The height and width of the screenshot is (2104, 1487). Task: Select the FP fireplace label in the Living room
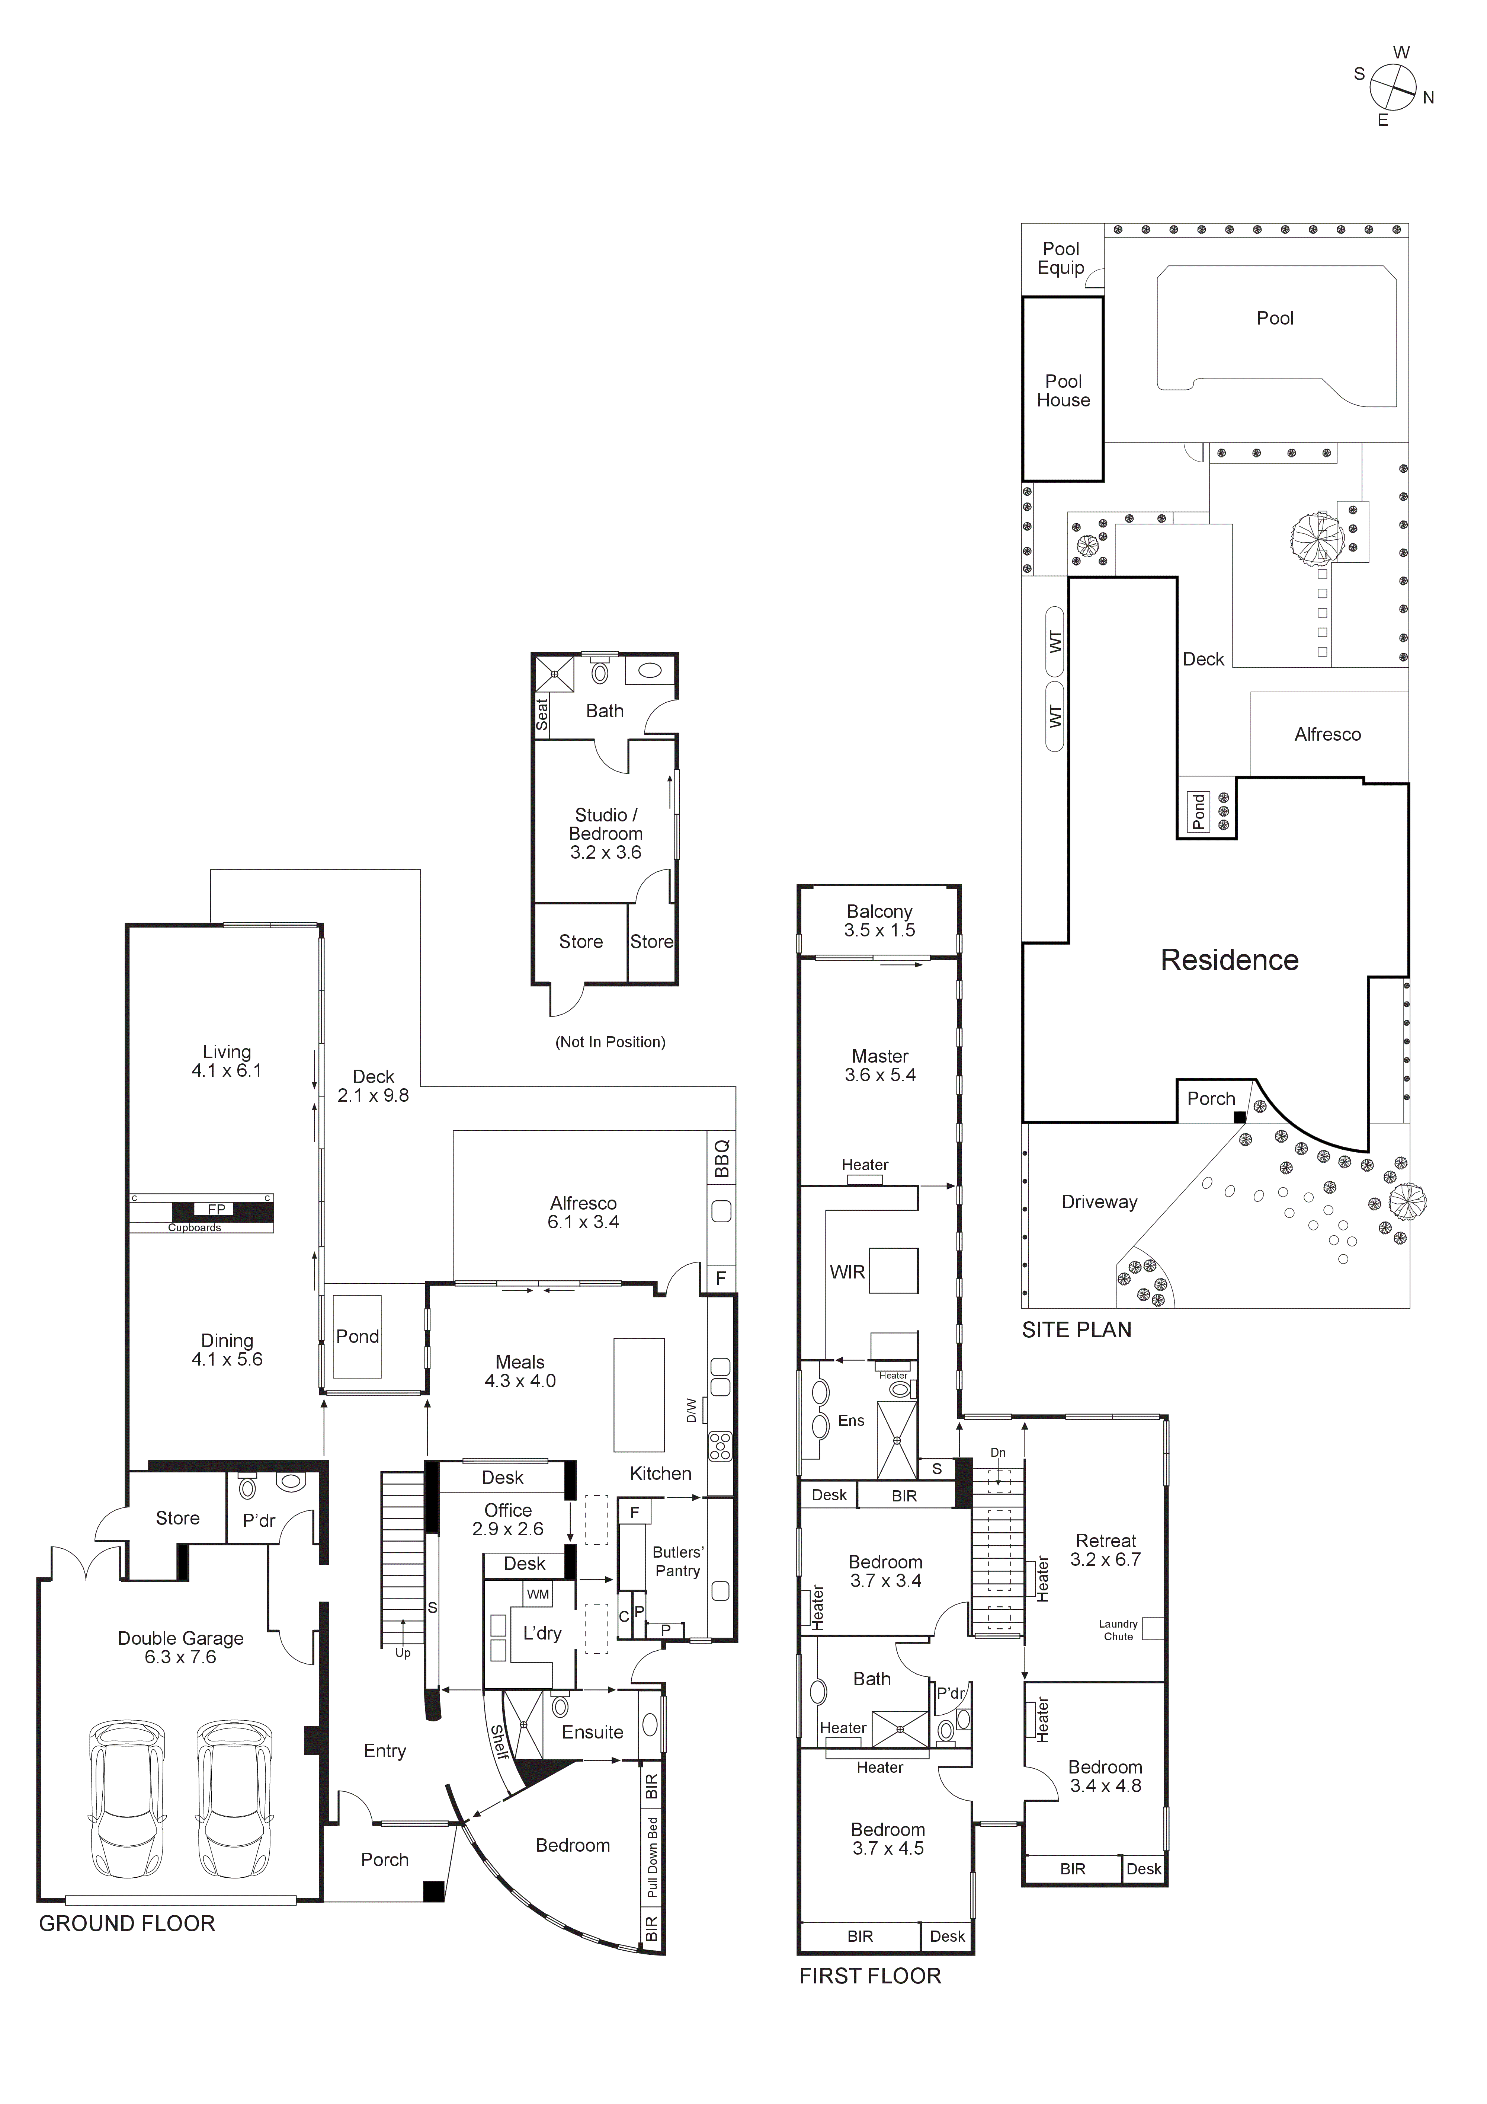[x=216, y=1210]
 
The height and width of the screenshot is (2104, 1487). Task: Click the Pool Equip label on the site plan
[x=1061, y=258]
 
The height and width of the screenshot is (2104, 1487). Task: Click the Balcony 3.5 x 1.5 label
[x=879, y=920]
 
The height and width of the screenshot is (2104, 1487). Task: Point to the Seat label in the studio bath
[x=541, y=714]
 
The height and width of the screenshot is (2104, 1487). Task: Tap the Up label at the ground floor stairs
[x=402, y=1653]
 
